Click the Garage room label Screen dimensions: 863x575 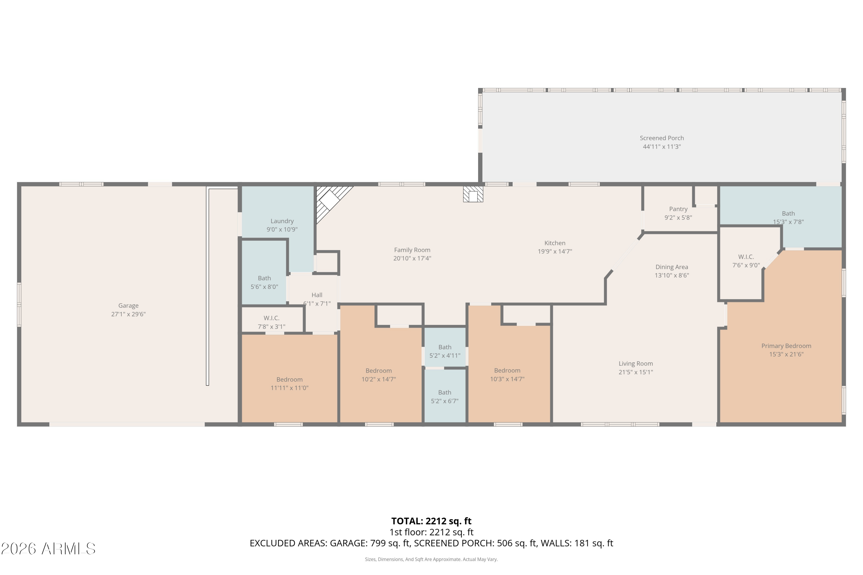128,305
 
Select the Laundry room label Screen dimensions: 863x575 282,221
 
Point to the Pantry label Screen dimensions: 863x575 678,209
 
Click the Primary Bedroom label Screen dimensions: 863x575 786,346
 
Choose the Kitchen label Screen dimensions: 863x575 555,243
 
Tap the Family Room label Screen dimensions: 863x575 412,250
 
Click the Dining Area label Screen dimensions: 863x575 672,267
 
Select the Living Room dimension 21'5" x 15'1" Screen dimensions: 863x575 636,372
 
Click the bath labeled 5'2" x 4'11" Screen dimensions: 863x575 445,351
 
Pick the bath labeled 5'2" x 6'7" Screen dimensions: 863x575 445,397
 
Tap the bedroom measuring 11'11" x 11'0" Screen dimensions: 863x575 289,384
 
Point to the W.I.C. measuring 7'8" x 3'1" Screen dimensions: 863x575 272,322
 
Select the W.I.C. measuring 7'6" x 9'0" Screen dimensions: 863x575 746,261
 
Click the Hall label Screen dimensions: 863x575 317,295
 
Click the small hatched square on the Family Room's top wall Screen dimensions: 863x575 473,194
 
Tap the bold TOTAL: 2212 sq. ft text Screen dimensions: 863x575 431,521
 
